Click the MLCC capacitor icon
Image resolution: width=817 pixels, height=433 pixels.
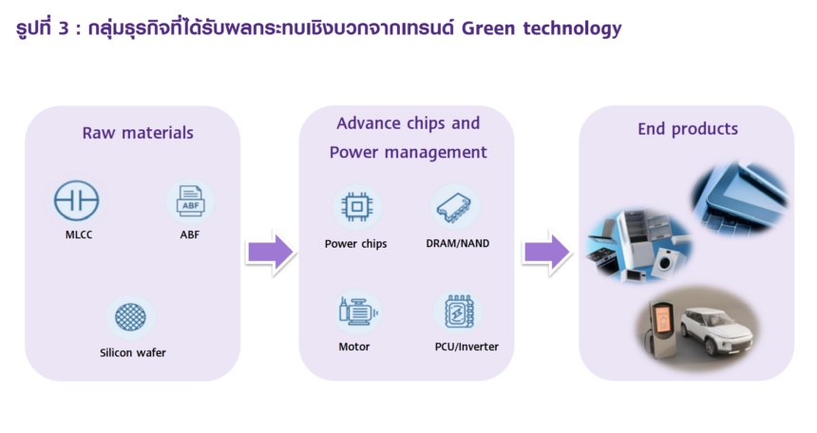[x=76, y=201]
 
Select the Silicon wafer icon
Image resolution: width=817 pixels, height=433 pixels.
[x=132, y=319]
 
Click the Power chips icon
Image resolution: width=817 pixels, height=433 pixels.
[x=356, y=207]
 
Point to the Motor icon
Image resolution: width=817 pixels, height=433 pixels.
[x=354, y=311]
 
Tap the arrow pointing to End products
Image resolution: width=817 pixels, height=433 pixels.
[x=547, y=253]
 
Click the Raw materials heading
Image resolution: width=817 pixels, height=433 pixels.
[x=138, y=133]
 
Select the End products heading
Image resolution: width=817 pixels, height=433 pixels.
[x=687, y=129]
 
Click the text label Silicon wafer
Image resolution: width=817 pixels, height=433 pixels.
[x=133, y=354]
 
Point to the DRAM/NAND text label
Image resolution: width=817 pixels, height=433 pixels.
[x=458, y=243]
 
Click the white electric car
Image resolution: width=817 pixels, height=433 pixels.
[x=721, y=329]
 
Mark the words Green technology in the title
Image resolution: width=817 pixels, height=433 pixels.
[x=541, y=28]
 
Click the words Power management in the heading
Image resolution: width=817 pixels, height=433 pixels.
[x=408, y=153]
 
